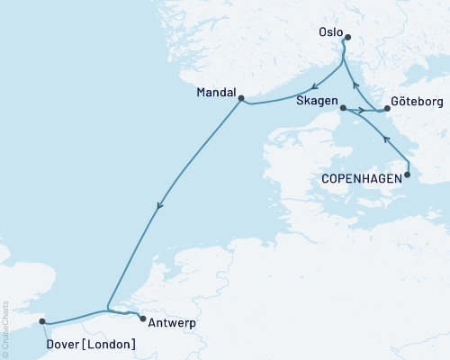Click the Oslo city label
coord(331,31)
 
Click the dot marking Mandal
coord(241,99)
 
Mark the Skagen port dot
coord(342,107)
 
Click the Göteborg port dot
coord(388,110)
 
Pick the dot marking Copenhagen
coord(407,175)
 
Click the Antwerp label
coord(171,322)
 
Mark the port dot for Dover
coord(42,319)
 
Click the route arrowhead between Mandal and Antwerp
coord(159,207)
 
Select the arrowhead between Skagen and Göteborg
coord(362,111)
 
